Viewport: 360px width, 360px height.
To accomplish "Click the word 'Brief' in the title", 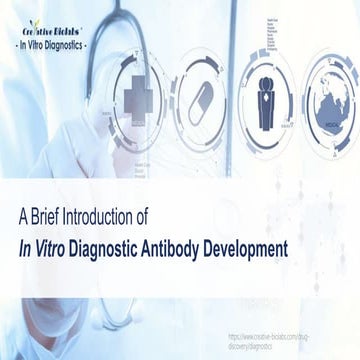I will pos(54,215).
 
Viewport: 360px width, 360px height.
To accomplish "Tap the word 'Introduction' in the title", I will pos(116,215).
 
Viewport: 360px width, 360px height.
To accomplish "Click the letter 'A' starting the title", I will pos(26,215).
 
